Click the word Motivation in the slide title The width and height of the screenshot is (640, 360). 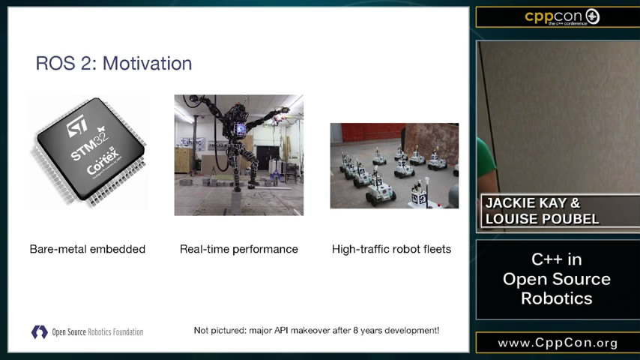[147, 63]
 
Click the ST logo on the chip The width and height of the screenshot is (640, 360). [77, 125]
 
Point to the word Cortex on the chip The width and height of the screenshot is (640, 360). [103, 162]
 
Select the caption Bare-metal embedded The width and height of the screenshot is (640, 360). [88, 249]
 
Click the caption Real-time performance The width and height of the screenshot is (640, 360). [239, 249]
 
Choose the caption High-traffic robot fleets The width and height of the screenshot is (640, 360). [391, 249]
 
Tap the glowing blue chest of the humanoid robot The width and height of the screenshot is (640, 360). [240, 130]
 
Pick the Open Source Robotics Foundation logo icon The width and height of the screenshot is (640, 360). [40, 331]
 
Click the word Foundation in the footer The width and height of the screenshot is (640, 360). [127, 332]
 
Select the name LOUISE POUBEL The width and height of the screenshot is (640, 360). [542, 219]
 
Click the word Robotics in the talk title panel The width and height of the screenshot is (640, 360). [556, 298]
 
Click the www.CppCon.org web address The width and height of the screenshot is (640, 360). [558, 343]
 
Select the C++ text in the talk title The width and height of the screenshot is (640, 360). [545, 259]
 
